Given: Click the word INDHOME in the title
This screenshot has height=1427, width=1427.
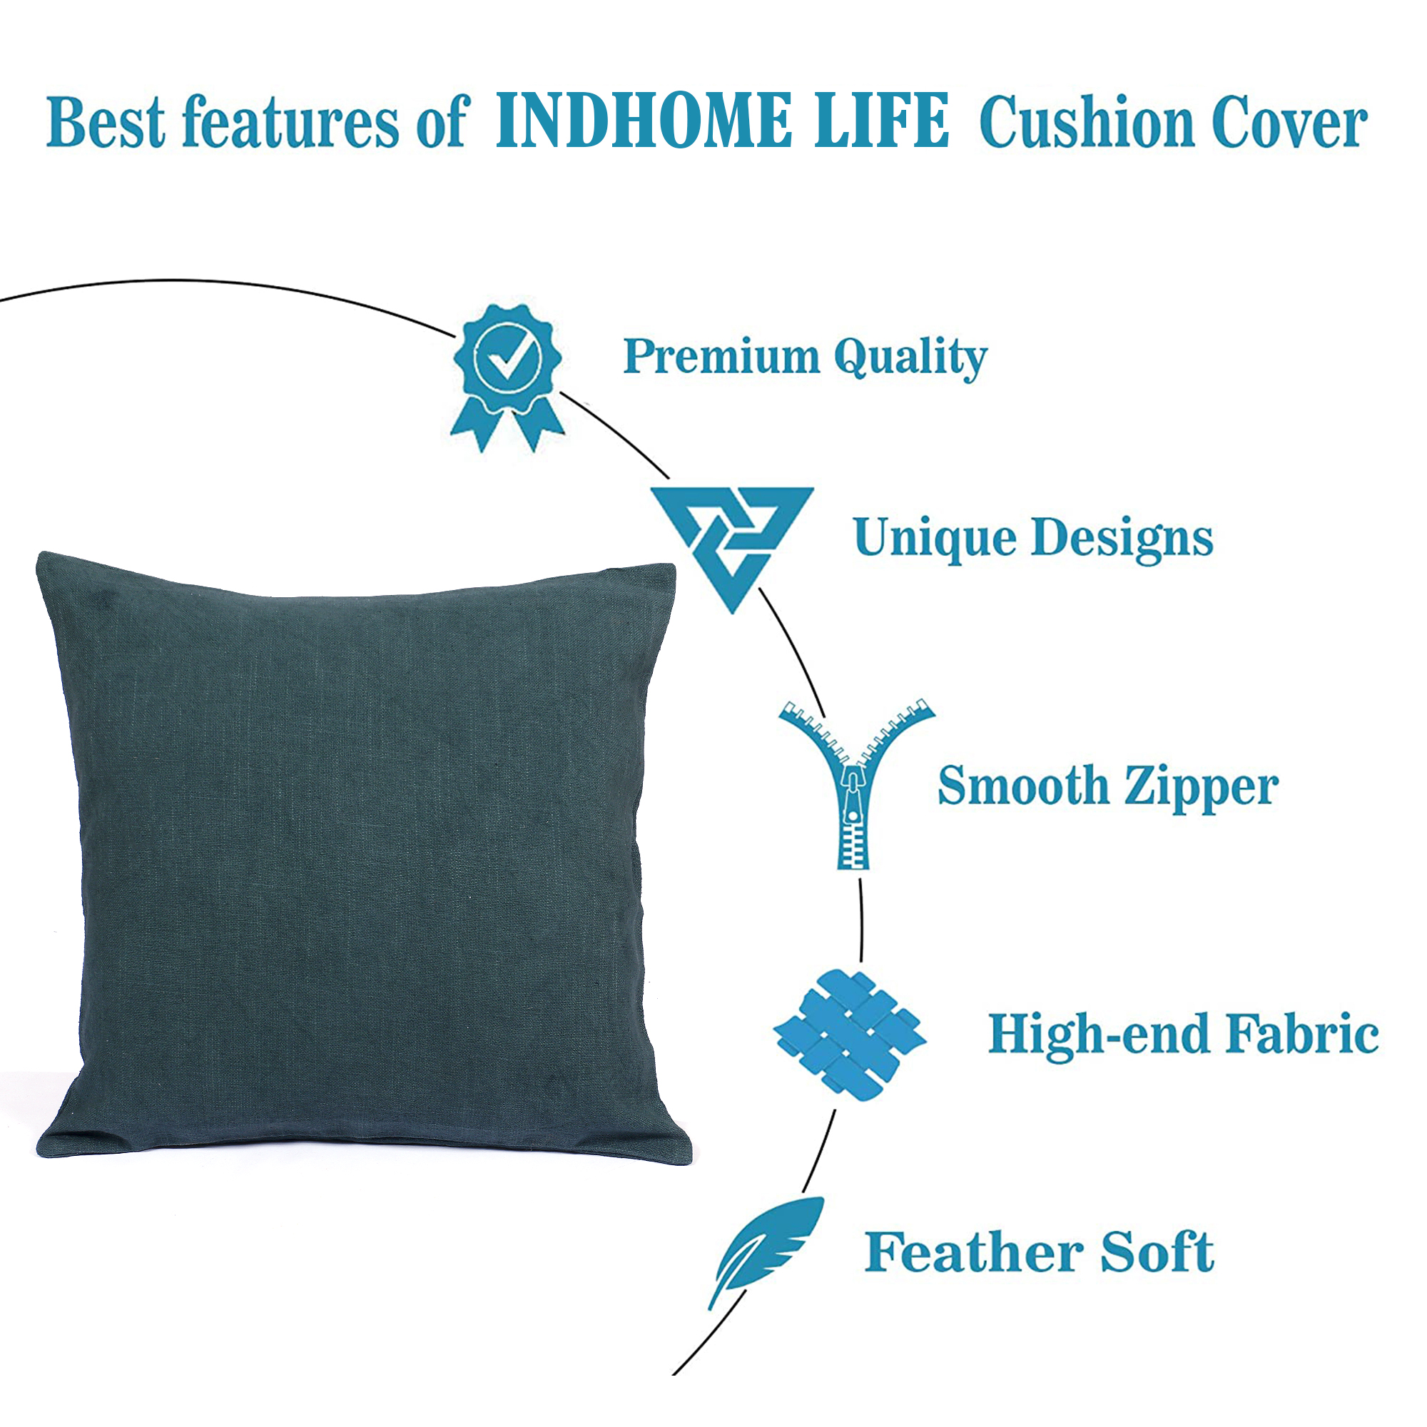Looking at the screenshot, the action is tap(642, 121).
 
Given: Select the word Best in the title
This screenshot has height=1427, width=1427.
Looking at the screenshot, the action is tap(106, 122).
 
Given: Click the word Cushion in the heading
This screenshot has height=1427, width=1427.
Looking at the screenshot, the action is tap(1087, 122).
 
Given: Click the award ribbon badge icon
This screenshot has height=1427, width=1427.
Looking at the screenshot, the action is tap(508, 377).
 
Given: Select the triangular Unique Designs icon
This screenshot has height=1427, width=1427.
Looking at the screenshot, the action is tap(731, 549).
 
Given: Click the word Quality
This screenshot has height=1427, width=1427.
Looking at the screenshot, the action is tap(910, 360).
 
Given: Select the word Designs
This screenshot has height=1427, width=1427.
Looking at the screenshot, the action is tap(1122, 539).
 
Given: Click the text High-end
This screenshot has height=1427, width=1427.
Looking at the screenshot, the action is tap(1098, 1034).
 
